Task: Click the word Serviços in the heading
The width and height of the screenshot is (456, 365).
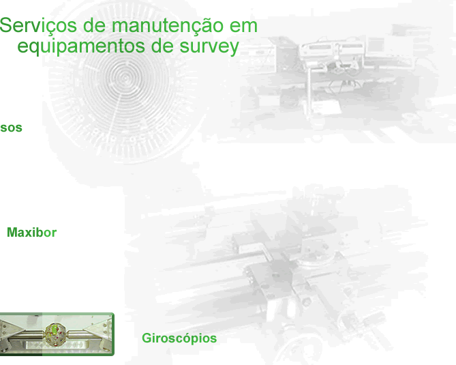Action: tap(38, 26)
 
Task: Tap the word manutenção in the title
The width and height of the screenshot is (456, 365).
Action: tap(168, 26)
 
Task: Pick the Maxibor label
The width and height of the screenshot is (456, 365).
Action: tap(32, 233)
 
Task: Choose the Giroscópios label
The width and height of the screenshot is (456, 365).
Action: tap(179, 338)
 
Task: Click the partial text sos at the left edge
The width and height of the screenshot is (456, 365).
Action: tap(11, 128)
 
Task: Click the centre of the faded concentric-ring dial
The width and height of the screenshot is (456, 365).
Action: tap(125, 77)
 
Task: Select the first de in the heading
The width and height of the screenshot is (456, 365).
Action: tap(94, 26)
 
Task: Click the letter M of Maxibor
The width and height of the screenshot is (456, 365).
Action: tap(13, 233)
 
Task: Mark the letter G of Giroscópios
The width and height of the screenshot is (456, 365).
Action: tap(147, 338)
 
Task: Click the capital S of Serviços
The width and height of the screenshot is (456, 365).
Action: tap(6, 25)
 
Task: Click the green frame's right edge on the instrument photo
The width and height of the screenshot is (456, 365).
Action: tap(113, 334)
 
